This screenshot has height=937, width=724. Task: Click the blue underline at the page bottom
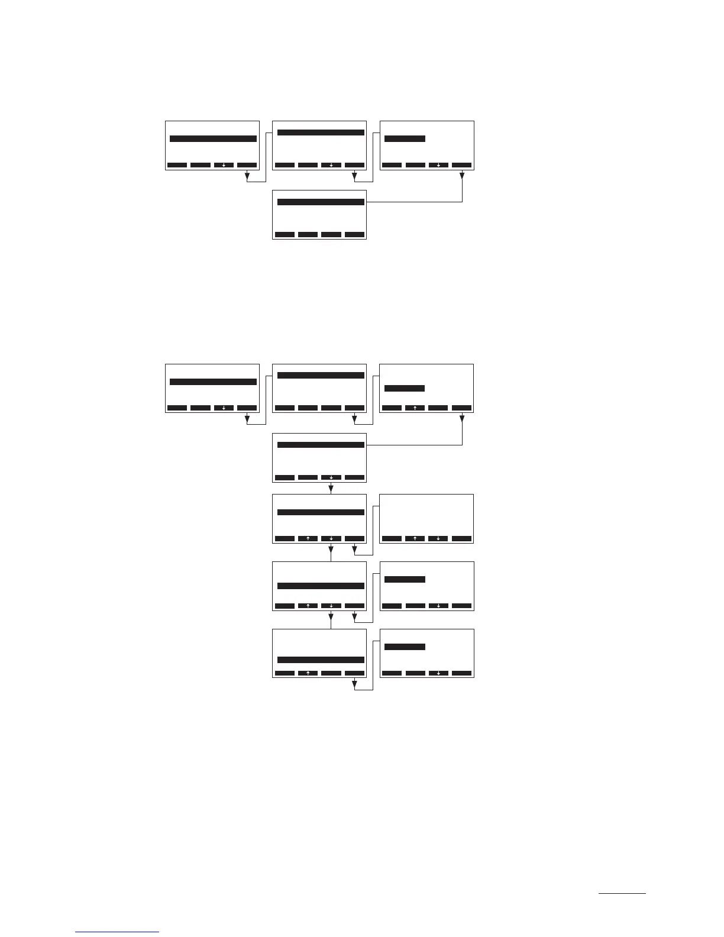[x=117, y=932]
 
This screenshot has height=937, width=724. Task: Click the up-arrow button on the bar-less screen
[x=415, y=538]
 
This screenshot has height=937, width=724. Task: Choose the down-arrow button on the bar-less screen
[x=438, y=538]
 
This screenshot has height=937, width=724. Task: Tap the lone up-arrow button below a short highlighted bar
[x=415, y=408]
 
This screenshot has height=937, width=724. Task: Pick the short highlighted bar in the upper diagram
[x=405, y=139]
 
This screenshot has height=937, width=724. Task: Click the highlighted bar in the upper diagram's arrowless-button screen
[x=321, y=202]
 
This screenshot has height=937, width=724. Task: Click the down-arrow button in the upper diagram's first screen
[x=224, y=165]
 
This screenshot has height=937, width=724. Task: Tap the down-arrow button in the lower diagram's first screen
[x=224, y=408]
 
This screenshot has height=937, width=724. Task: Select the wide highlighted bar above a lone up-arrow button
[x=321, y=660]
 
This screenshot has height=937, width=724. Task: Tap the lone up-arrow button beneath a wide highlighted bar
[x=308, y=673]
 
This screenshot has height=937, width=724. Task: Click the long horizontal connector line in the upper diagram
[x=414, y=202]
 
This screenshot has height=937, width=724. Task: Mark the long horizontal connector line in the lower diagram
[x=414, y=445]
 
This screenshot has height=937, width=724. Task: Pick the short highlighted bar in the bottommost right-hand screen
[x=405, y=647]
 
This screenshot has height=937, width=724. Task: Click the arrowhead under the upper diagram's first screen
[x=247, y=176]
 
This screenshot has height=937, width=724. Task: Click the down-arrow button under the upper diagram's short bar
[x=438, y=165]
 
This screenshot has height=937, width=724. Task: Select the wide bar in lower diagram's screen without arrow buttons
[x=321, y=376]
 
